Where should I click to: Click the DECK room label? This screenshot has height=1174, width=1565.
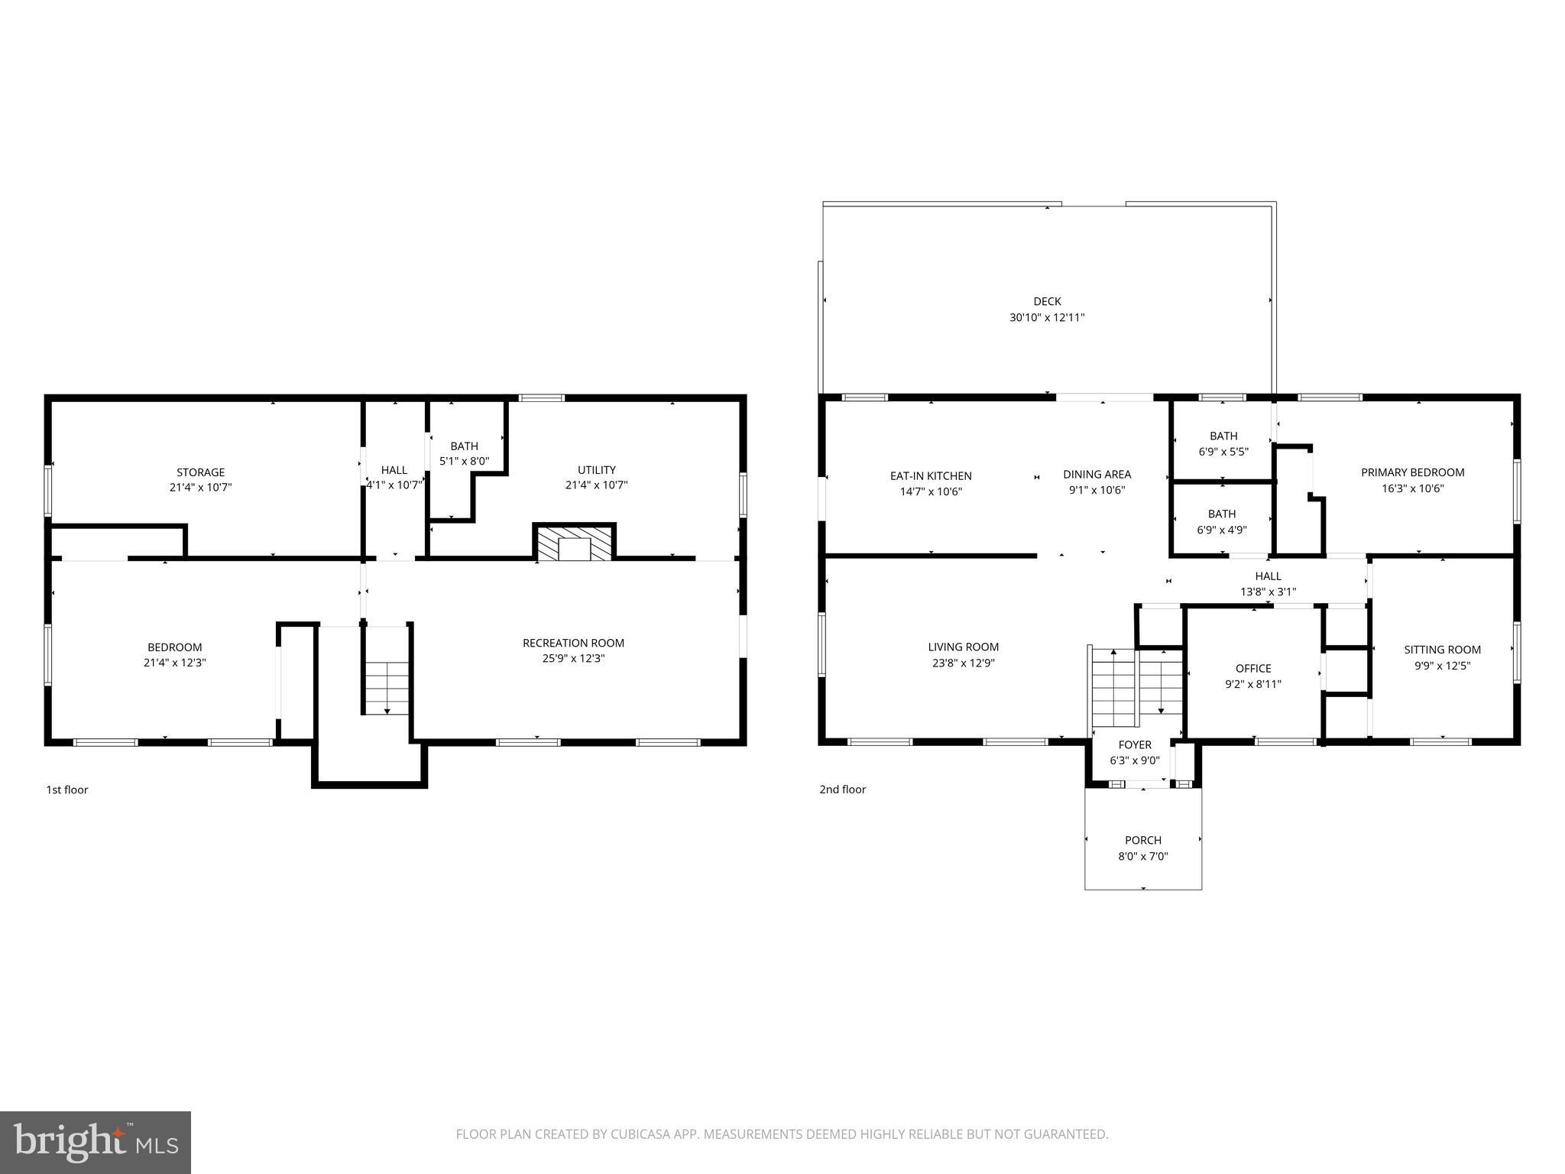pos(1046,301)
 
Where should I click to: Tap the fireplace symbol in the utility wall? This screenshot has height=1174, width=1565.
pos(574,543)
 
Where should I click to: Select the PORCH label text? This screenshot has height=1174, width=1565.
pos(1142,840)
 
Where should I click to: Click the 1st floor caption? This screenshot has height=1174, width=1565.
pos(67,790)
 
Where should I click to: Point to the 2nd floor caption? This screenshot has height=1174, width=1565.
pos(842,790)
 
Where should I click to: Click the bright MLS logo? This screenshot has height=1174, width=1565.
pos(95,1142)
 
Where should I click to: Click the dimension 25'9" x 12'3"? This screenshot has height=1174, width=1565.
pos(573,658)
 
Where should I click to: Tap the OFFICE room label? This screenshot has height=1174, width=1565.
pos(1253,668)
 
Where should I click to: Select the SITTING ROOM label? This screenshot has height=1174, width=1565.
pos(1442,650)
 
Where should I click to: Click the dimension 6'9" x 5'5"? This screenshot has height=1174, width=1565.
pos(1223,452)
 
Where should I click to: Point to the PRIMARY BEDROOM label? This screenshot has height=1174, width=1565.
pos(1412,472)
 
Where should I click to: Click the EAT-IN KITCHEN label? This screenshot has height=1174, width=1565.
pos(931,475)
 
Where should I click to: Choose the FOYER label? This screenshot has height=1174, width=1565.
pos(1135,744)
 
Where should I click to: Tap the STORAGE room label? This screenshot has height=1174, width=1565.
pos(200,472)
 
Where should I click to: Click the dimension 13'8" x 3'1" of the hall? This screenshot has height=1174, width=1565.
pos(1268,592)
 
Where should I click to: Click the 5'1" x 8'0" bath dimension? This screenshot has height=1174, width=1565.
pos(464,462)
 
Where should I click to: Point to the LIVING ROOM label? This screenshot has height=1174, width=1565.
pos(963,647)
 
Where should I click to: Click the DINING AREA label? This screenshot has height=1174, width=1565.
pos(1097,475)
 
